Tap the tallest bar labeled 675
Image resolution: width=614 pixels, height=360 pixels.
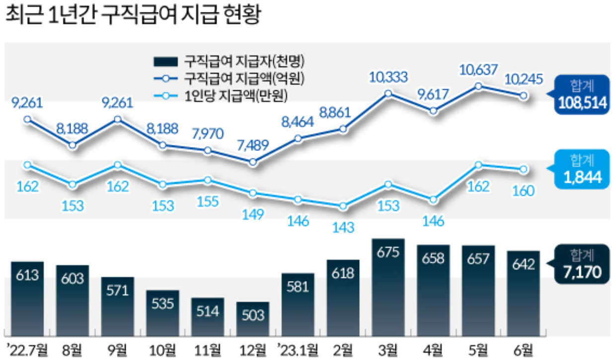pos(388,286)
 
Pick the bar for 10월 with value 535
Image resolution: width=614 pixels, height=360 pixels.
pos(162,310)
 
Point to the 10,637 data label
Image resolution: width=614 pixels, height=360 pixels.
pos(478,71)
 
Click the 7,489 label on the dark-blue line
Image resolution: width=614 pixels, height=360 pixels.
pos(252,145)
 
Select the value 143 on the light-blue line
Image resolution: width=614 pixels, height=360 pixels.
pos(342,227)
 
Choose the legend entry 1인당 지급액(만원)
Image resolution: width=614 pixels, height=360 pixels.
pos(229,95)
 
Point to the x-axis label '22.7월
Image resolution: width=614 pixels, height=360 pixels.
pos(27,349)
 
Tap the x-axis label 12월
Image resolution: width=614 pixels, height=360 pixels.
pos(252,349)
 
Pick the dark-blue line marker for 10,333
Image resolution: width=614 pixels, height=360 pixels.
pos(388,93)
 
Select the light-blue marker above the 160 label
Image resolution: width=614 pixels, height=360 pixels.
pos(523,169)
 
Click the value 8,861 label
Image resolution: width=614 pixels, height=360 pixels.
pos(342,112)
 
